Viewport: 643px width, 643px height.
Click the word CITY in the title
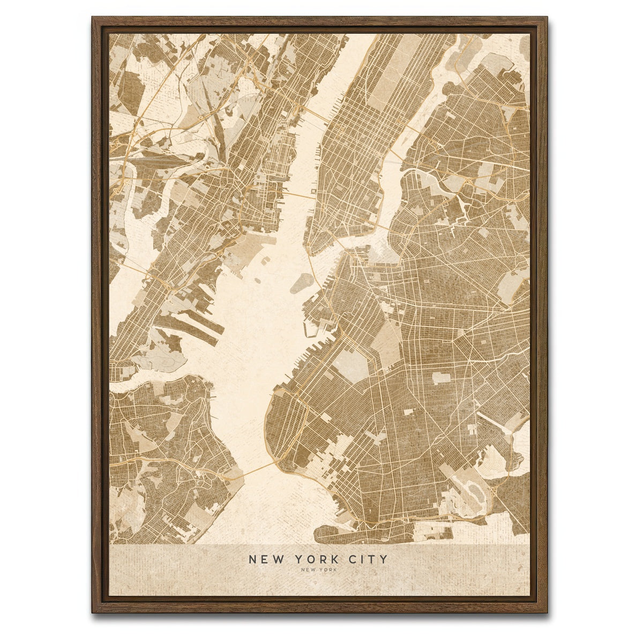pos(368,559)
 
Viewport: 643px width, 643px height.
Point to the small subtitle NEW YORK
pos(319,570)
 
